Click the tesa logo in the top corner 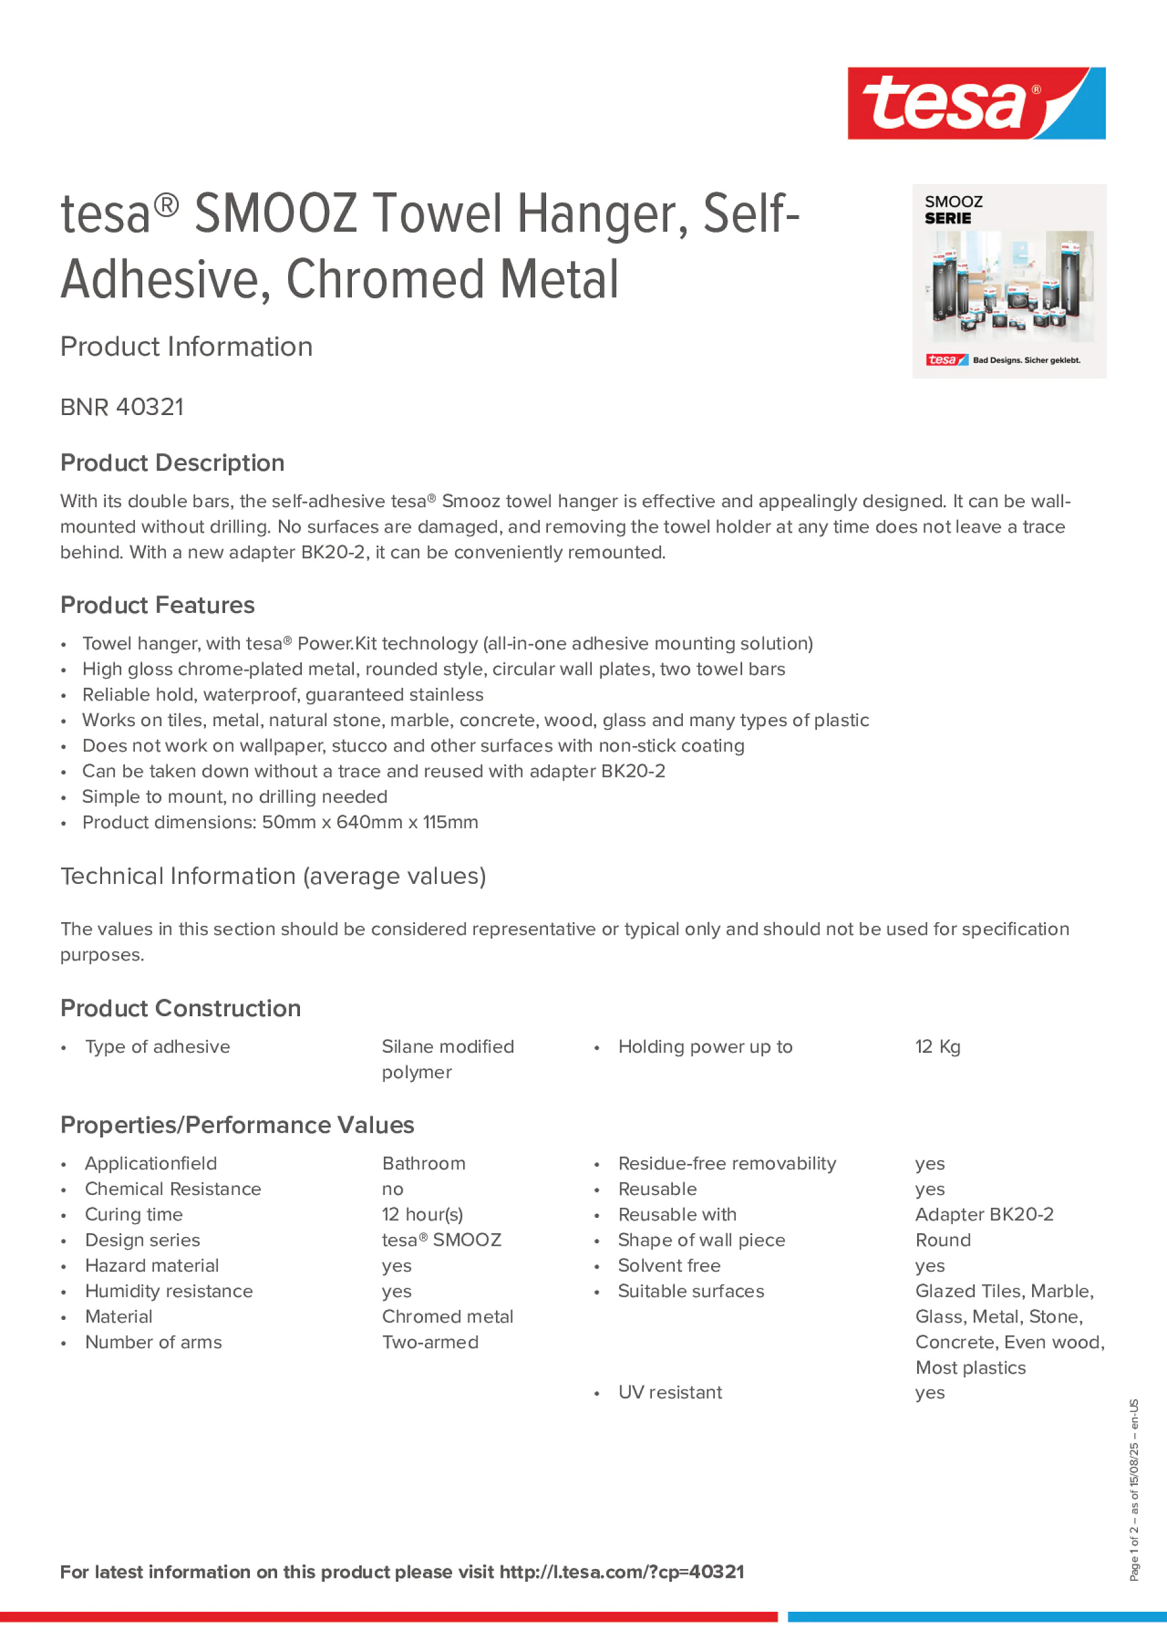click(x=976, y=103)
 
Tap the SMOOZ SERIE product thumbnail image click(x=1009, y=281)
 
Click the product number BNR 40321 click(x=122, y=407)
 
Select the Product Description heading click(x=172, y=463)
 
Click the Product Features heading click(x=157, y=605)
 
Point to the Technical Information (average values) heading click(x=273, y=876)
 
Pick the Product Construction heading click(x=180, y=1008)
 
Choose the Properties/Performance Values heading click(x=237, y=1124)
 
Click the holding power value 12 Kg click(x=938, y=1047)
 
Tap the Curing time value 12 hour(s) click(x=422, y=1215)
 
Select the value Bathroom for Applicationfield click(x=424, y=1163)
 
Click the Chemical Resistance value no click(x=393, y=1189)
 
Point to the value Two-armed click(x=430, y=1342)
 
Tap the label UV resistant click(x=670, y=1392)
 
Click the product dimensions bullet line click(x=280, y=823)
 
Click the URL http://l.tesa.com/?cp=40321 click(x=622, y=1572)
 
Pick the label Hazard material click(x=152, y=1265)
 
